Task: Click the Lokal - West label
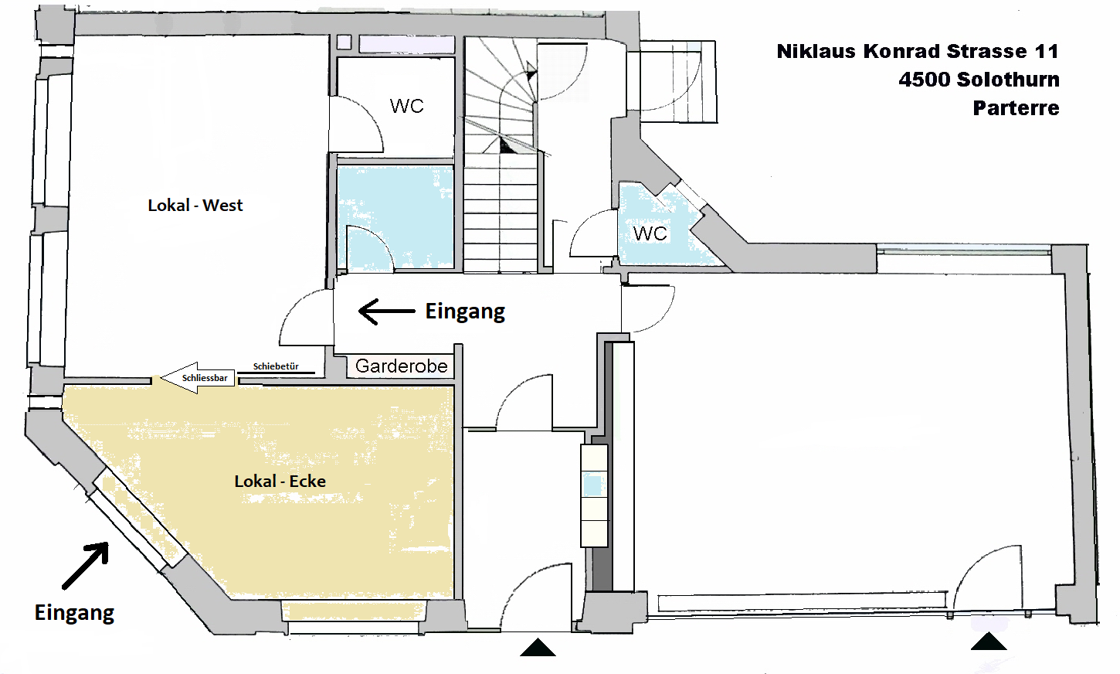[x=195, y=206]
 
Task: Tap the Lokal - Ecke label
[x=280, y=482]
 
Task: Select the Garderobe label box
[x=401, y=366]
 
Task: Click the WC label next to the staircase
[x=406, y=106]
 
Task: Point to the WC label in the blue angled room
[x=650, y=233]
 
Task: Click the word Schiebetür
[x=276, y=366]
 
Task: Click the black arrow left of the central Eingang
[x=386, y=311]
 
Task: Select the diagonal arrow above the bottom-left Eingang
[x=85, y=566]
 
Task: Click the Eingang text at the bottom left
[x=74, y=613]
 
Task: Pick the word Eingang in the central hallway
[x=465, y=311]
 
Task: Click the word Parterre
[x=1016, y=108]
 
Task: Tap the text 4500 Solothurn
[x=979, y=80]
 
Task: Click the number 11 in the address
[x=1047, y=52]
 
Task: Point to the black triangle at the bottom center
[x=538, y=648]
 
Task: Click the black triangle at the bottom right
[x=989, y=642]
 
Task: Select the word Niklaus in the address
[x=816, y=52]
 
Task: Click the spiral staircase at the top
[x=501, y=97]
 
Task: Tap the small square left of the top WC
[x=344, y=43]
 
